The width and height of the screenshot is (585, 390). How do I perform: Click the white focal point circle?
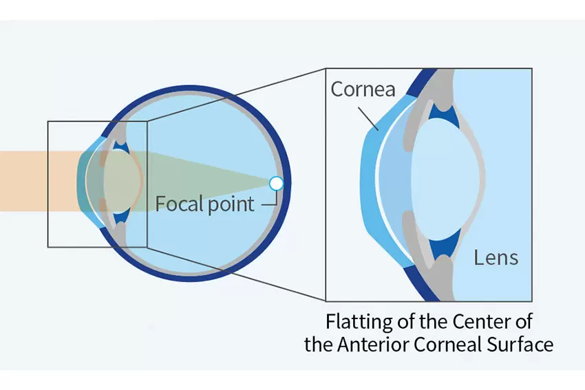coord(276,183)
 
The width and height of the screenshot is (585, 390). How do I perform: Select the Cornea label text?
coord(363,89)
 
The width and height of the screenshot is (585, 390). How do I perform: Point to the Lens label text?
coord(496,257)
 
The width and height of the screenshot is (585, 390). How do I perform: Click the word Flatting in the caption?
coord(359,322)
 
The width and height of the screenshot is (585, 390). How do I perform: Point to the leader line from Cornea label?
coord(369,119)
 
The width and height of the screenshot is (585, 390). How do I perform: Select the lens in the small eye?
coord(123,181)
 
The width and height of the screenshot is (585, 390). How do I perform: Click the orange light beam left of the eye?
coord(39,181)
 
